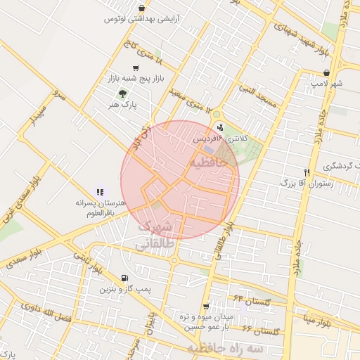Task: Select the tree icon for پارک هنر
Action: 123,94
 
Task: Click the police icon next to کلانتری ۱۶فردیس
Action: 221,127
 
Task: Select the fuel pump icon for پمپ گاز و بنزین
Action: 124,278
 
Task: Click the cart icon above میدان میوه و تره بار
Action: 205,307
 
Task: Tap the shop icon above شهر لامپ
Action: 326,72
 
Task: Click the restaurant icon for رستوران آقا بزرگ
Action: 306,173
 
